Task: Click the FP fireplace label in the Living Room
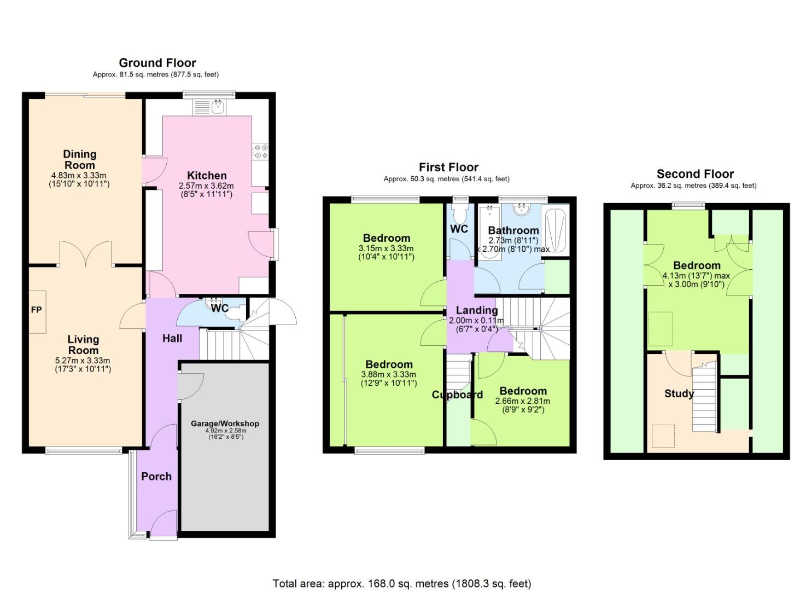coord(36,310)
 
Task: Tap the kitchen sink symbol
coord(209,106)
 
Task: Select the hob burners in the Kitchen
coord(260,151)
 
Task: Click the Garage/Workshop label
coord(225,424)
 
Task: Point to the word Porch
coord(156,477)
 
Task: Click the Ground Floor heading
coord(157,63)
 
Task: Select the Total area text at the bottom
coord(402,583)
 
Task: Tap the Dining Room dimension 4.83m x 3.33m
coord(79,176)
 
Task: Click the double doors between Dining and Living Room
coord(86,254)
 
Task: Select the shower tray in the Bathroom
coord(556,230)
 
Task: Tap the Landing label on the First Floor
coord(477,310)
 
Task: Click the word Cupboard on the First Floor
coord(457,395)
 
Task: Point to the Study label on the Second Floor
coord(679,393)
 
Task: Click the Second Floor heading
coord(695,174)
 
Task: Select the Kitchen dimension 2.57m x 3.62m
coord(206,186)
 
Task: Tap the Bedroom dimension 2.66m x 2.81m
coord(523,401)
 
